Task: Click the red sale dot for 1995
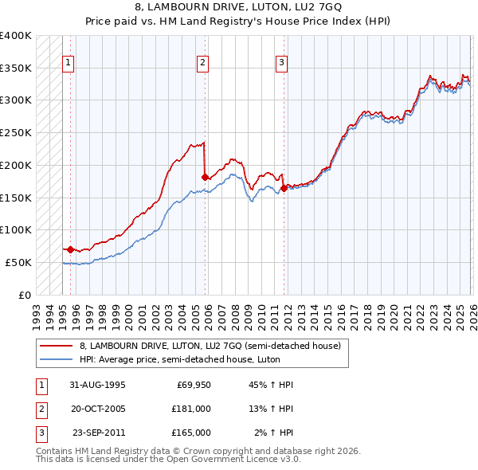(71, 249)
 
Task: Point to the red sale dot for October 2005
(206, 177)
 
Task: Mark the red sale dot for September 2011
(284, 188)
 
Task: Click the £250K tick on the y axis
(16, 132)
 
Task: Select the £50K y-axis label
(18, 262)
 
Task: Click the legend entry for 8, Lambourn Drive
(210, 346)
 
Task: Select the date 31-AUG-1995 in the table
(97, 385)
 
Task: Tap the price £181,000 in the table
(191, 409)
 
